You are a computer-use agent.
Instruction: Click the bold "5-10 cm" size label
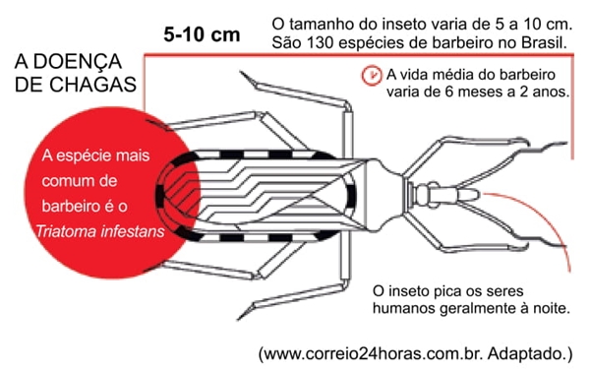202,34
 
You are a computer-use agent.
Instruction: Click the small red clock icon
372,75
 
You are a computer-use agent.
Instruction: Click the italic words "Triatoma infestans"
88,234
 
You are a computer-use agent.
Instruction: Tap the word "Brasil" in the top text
542,45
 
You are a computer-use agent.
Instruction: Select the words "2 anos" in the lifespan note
543,94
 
